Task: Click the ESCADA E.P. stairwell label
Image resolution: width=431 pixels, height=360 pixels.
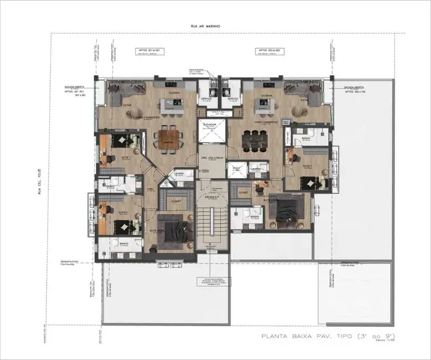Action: [x=210, y=197]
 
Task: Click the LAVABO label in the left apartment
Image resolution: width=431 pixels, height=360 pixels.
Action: [x=178, y=173]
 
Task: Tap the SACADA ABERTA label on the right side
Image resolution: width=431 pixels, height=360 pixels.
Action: [x=355, y=88]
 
